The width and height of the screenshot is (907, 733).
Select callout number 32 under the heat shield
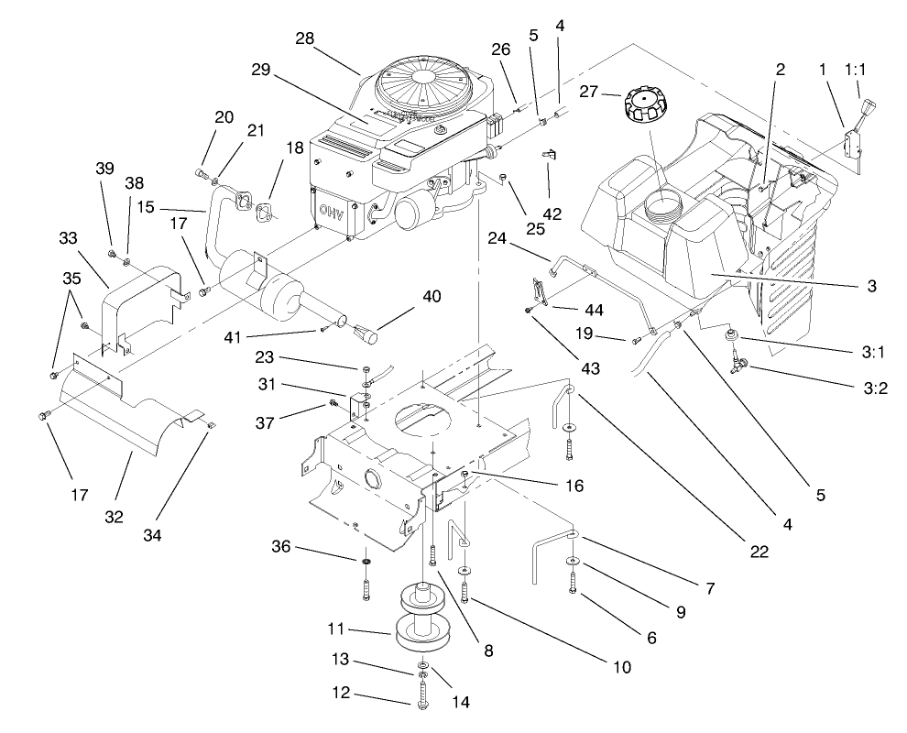pos(113,517)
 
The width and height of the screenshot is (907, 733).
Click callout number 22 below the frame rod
pos(758,552)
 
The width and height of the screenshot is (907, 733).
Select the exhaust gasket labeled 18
pos(267,211)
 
